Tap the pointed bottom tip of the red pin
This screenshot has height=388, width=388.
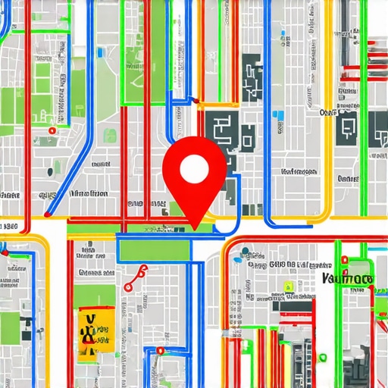point(195,227)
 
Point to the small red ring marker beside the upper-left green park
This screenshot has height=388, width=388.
point(51,130)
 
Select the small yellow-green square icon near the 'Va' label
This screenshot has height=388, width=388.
point(288,286)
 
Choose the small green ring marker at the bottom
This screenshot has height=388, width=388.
point(160,351)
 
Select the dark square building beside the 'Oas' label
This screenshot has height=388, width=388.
point(348,127)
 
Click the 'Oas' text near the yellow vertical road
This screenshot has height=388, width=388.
point(329,112)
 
